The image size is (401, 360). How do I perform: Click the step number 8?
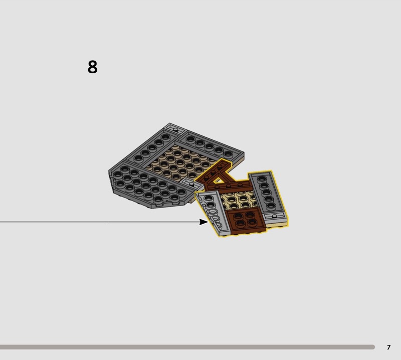coord(92,67)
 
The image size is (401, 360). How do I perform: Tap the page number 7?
coord(388,347)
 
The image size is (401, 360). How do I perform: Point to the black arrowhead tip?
coord(209,222)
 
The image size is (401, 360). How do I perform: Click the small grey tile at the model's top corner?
coord(175,129)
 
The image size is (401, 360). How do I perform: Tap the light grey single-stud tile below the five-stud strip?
coord(275,217)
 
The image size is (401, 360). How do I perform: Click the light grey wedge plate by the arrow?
coord(213,213)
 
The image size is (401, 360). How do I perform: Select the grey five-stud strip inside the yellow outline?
coord(267,193)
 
